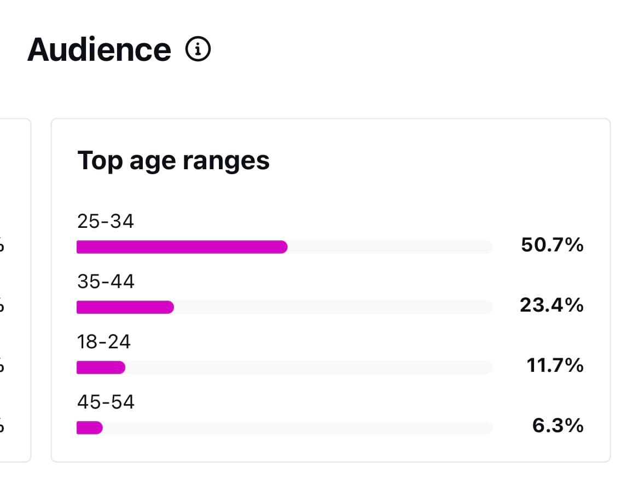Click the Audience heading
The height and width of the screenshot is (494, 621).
pos(99,50)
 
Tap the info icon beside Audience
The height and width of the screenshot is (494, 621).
pos(198,50)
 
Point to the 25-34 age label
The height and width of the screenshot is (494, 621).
pos(106,221)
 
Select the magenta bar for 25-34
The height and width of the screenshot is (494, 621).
pos(182,247)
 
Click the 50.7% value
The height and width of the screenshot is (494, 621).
pos(552,245)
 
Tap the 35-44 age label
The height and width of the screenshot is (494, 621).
pos(106,282)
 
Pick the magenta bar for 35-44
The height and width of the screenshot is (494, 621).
pos(125,307)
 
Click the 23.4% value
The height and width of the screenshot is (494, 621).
pos(552,305)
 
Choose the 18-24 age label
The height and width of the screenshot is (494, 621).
pos(104,342)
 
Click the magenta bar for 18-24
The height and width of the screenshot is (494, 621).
pos(101,367)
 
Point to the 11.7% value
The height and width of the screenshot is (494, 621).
pos(555,365)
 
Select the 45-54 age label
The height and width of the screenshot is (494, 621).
pos(106,402)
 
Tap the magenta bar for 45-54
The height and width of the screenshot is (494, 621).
pos(89,427)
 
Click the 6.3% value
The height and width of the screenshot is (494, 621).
pos(558,426)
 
